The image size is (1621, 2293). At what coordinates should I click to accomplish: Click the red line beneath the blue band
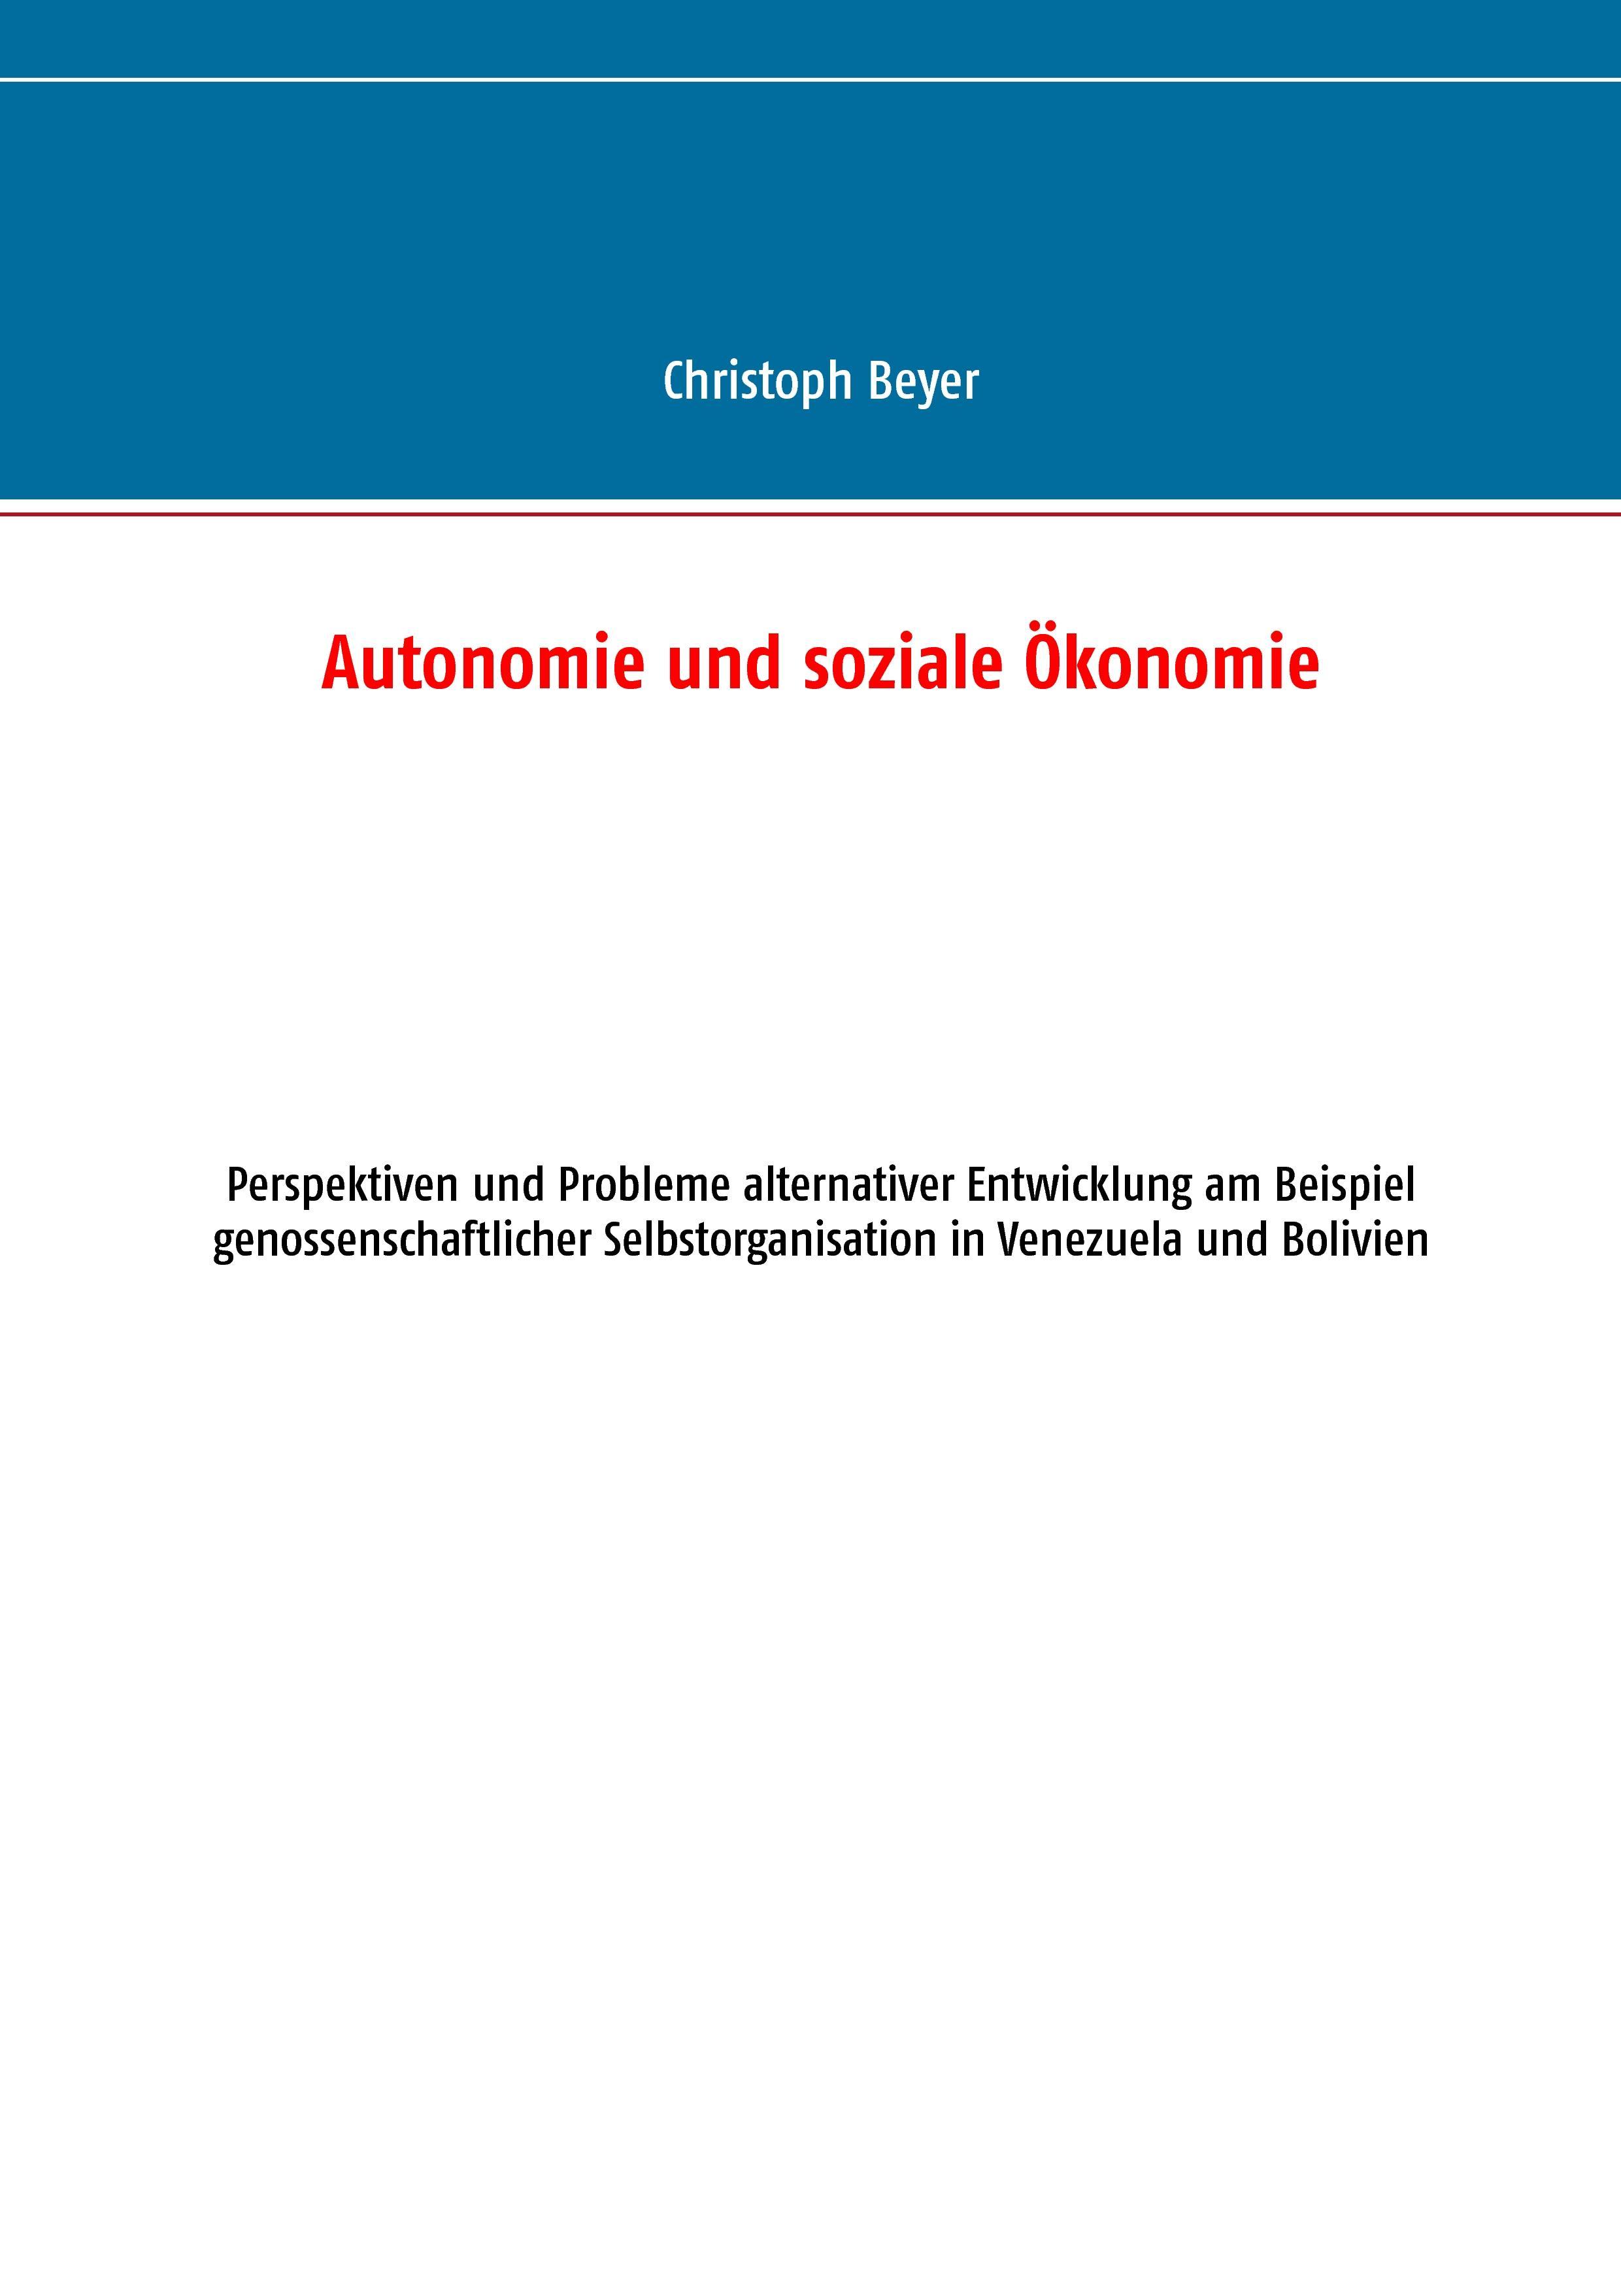tap(810, 515)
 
